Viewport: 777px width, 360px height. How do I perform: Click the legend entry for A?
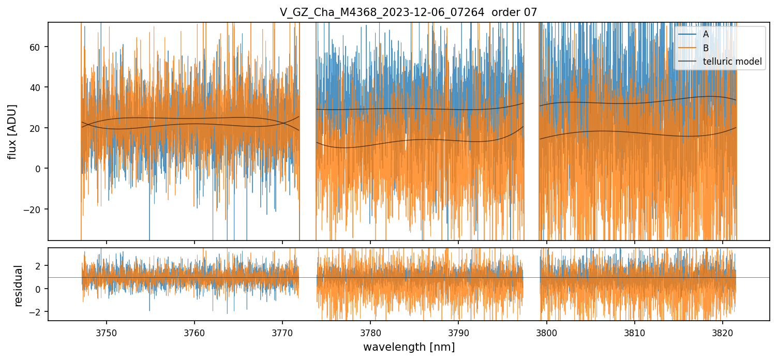[706, 34]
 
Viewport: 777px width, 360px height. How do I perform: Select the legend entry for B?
[706, 48]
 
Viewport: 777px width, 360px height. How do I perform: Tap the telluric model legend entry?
[732, 62]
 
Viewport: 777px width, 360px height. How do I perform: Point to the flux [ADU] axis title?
[12, 131]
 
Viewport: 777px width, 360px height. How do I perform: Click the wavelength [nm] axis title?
[409, 347]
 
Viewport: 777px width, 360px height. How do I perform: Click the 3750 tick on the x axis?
[107, 332]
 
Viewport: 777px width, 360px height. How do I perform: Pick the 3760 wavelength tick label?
[195, 332]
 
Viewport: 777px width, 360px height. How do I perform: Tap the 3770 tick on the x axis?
[282, 332]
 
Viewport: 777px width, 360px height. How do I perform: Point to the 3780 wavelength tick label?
[370, 332]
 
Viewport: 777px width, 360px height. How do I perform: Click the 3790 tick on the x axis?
[458, 332]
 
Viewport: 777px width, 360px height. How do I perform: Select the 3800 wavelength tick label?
[547, 332]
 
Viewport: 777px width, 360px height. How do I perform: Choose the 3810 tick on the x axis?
[635, 332]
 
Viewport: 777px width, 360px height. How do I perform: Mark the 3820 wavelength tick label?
[723, 332]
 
